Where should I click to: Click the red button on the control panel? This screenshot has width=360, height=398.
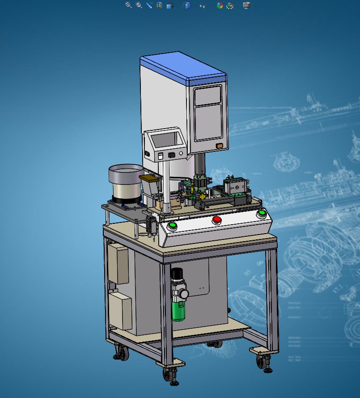217,219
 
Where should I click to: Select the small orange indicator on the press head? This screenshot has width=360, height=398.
219,146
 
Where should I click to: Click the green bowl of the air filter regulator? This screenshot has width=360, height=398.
178,310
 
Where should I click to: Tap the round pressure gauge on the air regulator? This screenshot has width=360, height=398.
184,293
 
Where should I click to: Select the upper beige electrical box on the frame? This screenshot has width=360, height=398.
118,264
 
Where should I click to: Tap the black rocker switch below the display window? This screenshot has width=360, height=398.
171,155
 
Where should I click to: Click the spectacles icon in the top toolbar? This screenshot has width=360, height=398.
203,6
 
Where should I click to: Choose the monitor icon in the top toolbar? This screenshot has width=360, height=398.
246,5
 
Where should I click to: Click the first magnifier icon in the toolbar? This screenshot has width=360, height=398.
128,5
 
